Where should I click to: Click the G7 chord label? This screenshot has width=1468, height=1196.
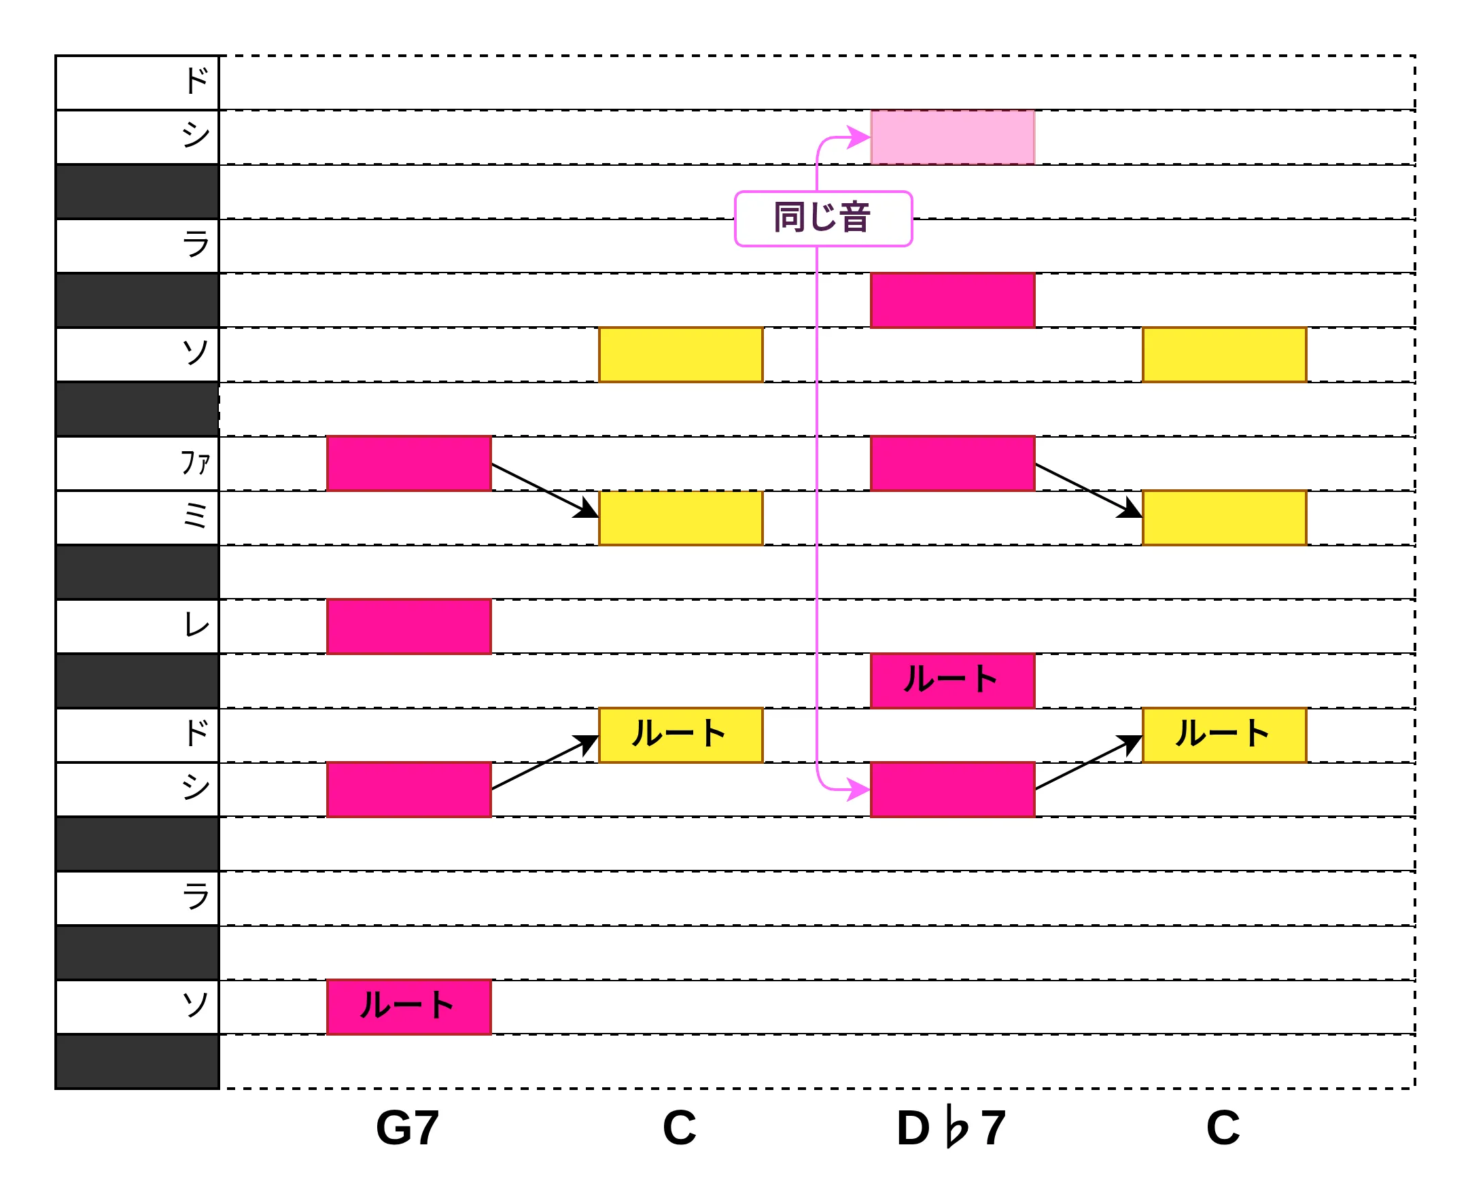pos(407,1128)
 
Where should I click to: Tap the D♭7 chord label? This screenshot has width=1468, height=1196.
pos(951,1128)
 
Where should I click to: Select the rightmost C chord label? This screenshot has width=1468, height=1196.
pos(1223,1128)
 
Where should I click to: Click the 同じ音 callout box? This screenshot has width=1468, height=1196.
pos(824,218)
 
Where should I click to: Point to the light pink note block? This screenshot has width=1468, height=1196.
pos(953,137)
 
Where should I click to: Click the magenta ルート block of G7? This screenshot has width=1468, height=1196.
pos(409,1007)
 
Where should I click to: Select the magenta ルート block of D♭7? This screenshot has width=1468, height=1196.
pos(953,681)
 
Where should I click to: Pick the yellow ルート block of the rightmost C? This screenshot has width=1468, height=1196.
pos(1225,735)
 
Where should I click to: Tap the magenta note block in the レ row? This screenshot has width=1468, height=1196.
pos(409,627)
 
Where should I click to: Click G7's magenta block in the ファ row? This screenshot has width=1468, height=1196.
pos(409,463)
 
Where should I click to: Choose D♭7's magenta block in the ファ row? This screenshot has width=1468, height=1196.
pos(953,463)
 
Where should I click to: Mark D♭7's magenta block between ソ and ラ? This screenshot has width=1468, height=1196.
pos(953,300)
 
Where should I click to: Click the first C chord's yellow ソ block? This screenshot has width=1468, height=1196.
pos(680,355)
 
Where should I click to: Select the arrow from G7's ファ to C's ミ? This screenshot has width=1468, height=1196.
pos(545,491)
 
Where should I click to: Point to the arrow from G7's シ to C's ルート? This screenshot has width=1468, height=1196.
pos(545,762)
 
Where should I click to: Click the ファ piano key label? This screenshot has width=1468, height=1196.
pos(195,463)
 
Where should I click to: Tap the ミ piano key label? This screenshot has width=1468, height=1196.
pos(196,516)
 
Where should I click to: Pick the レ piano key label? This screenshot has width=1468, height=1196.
pos(196,626)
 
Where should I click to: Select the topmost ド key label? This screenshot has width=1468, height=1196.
pos(197,82)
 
